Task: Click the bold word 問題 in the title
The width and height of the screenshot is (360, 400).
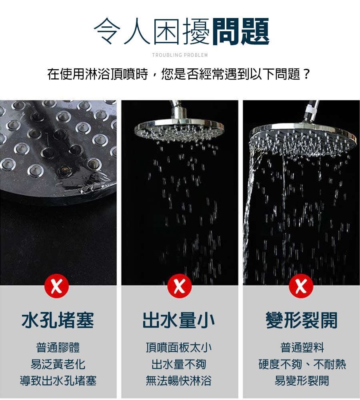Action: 240,32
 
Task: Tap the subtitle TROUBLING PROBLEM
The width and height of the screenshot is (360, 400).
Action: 180,55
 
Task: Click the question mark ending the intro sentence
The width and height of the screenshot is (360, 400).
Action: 307,74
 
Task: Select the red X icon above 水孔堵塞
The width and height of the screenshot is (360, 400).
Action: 57,286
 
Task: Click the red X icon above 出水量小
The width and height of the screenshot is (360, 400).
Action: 180,286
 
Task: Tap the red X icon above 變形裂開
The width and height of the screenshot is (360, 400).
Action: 301,286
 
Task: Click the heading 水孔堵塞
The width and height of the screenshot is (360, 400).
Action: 58,320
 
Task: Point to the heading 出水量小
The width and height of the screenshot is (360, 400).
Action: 178,320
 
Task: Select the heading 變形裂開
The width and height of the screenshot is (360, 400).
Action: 302,320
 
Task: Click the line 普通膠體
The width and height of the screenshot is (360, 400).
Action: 58,348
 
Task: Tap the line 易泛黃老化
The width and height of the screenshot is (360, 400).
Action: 58,364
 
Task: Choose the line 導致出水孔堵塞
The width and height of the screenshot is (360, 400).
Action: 58,381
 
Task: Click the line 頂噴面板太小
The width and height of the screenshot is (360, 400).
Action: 178,348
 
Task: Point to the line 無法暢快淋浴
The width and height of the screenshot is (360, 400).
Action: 178,381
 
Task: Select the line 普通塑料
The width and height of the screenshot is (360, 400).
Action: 302,348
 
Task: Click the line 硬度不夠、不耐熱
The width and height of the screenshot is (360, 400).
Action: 302,364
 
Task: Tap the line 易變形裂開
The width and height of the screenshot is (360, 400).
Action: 302,381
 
